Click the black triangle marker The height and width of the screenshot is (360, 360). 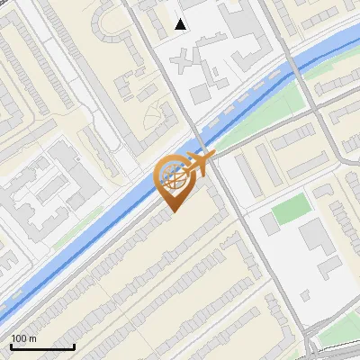click(181, 24)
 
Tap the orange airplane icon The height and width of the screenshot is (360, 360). click(196, 165)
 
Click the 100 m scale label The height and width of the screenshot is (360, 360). click(24, 338)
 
